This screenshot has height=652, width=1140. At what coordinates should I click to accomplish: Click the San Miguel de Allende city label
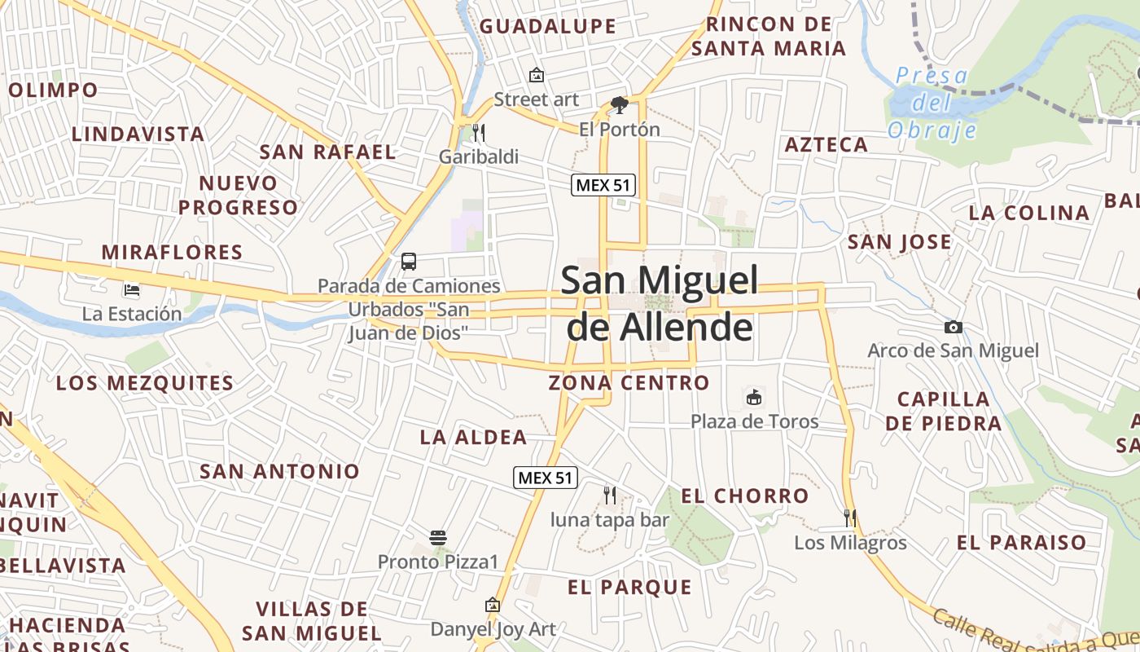pyautogui.click(x=659, y=303)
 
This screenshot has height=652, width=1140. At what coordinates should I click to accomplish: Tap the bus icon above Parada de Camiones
pyautogui.click(x=409, y=262)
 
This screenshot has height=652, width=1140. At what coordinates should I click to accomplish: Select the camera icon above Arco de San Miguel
pyautogui.click(x=953, y=327)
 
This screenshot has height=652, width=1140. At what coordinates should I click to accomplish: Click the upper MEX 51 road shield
pyautogui.click(x=603, y=185)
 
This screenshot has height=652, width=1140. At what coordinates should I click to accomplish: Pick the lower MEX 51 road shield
pyautogui.click(x=545, y=478)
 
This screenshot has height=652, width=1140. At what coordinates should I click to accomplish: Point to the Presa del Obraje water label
pyautogui.click(x=932, y=103)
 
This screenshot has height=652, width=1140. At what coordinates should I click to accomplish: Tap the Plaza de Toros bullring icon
pyautogui.click(x=754, y=398)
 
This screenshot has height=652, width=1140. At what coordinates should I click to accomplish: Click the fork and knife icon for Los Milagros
pyautogui.click(x=850, y=518)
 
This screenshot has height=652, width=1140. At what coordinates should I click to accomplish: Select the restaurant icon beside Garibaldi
pyautogui.click(x=478, y=132)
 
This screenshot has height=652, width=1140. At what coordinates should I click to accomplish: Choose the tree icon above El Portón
pyautogui.click(x=619, y=104)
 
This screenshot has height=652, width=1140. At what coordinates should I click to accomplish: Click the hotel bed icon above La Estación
pyautogui.click(x=131, y=289)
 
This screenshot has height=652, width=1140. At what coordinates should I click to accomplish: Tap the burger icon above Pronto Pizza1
pyautogui.click(x=438, y=538)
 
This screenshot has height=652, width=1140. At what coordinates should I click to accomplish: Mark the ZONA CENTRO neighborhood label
pyautogui.click(x=629, y=382)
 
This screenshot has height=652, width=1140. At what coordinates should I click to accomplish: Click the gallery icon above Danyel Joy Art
pyautogui.click(x=492, y=606)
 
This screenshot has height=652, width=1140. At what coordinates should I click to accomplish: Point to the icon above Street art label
pyautogui.click(x=536, y=75)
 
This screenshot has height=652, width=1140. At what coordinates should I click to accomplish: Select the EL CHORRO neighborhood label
pyautogui.click(x=744, y=496)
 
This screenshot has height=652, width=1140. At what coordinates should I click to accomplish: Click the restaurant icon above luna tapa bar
pyautogui.click(x=609, y=495)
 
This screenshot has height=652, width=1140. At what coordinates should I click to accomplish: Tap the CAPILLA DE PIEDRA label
pyautogui.click(x=943, y=411)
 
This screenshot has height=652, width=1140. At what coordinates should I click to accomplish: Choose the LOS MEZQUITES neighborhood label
pyautogui.click(x=145, y=382)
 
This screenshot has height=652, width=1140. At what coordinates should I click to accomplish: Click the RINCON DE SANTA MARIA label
pyautogui.click(x=769, y=37)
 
